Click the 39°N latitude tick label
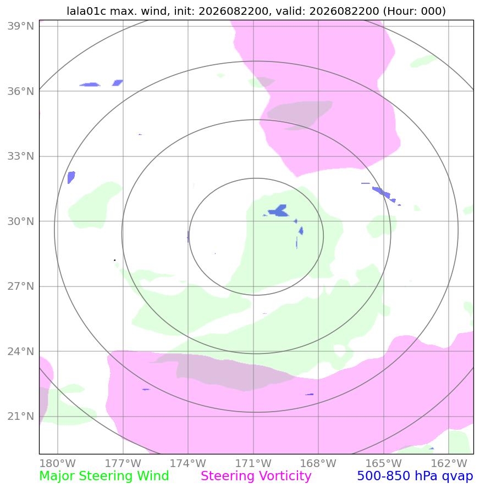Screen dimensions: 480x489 coord(21,26)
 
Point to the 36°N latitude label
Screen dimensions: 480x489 coord(21,91)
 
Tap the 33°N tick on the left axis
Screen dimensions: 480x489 coord(21,156)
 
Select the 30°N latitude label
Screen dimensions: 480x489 coord(21,221)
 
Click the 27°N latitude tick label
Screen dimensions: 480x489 coord(21,286)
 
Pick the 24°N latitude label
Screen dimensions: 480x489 coord(21,351)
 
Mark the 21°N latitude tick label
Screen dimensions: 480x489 coord(21,416)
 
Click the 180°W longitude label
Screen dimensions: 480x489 coord(58,463)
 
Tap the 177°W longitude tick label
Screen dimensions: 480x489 coord(123,463)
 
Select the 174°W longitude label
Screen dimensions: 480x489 coord(188,463)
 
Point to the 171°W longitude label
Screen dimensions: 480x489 coord(253,463)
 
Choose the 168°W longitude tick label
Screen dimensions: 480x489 coord(318,463)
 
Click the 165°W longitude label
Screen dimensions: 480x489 coord(383,463)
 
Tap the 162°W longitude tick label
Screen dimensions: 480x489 coord(449,463)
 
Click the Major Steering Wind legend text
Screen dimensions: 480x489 coord(104,476)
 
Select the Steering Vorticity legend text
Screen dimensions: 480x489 coord(256,476)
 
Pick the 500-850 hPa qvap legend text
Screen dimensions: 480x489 coord(415,476)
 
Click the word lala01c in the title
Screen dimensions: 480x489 coord(86,11)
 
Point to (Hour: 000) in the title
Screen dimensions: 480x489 coord(415,11)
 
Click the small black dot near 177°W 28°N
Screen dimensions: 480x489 coord(115,260)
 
